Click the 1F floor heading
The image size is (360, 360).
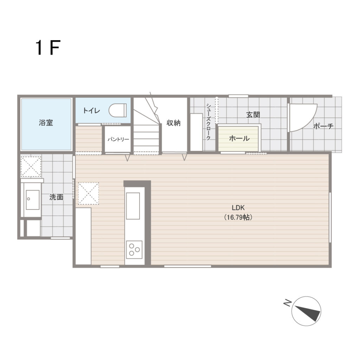[48, 47]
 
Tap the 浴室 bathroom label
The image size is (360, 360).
[46, 123]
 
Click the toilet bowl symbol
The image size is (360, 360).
[117, 110]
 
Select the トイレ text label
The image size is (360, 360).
[91, 111]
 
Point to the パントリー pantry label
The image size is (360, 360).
[118, 139]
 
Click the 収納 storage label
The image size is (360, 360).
[174, 123]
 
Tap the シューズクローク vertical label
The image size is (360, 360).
[208, 122]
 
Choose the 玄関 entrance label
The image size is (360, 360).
[253, 115]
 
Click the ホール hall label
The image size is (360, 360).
[239, 138]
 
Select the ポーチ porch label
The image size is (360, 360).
[323, 126]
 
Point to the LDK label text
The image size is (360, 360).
[238, 208]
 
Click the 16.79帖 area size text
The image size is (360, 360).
[238, 217]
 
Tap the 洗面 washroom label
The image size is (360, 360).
[56, 197]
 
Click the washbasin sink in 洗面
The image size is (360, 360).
[33, 200]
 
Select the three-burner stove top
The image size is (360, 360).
[134, 250]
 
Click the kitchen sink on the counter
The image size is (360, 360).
[133, 206]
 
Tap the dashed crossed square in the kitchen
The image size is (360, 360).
[88, 193]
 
